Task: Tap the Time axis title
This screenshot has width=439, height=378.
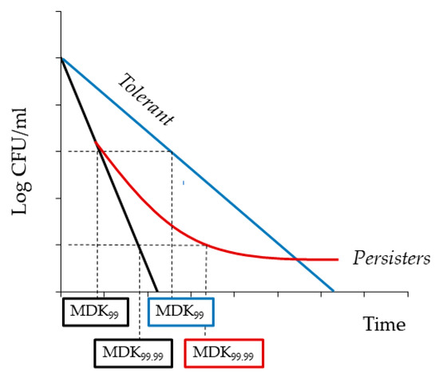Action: [x=385, y=325]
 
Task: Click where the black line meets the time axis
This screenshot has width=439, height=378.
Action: [x=158, y=291]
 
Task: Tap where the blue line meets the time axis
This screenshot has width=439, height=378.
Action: [x=334, y=291]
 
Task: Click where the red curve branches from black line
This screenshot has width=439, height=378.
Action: [x=97, y=144]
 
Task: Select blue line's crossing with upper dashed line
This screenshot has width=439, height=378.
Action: [x=172, y=152]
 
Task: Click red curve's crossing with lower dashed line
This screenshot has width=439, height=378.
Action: [x=206, y=244]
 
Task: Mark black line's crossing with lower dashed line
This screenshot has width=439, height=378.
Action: [x=139, y=244]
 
